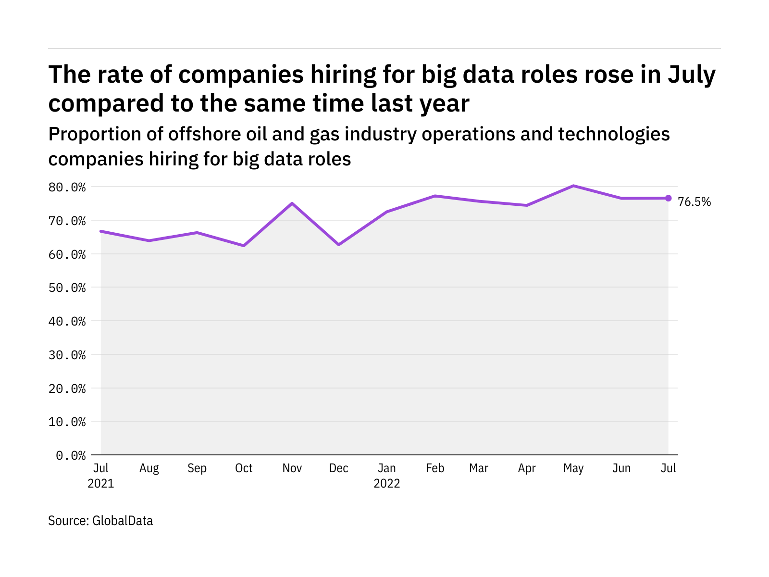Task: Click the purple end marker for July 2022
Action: (x=668, y=198)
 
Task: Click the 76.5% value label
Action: (x=694, y=202)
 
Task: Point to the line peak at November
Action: (x=292, y=203)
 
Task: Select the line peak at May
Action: (x=573, y=186)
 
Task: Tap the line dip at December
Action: (x=339, y=245)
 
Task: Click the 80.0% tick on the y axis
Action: (x=67, y=187)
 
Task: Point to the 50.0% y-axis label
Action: (x=67, y=288)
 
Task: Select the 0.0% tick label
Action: (x=71, y=455)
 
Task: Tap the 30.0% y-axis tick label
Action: (x=67, y=355)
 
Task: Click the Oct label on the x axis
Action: (x=244, y=468)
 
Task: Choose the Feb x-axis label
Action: (x=435, y=468)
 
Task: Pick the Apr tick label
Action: (x=527, y=468)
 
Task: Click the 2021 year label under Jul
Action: (x=101, y=483)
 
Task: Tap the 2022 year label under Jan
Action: (x=387, y=483)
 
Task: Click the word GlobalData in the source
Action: (x=123, y=521)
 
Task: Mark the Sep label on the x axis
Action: (x=197, y=468)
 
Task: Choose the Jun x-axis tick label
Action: (x=621, y=468)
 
